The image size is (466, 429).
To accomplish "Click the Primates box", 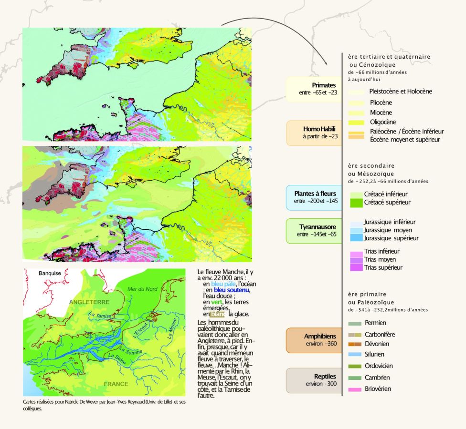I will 314,89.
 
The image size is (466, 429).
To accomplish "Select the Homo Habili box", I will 314,133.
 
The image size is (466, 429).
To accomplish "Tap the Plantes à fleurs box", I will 314,197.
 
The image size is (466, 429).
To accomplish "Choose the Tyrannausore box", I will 314,230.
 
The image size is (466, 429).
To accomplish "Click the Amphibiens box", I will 314,340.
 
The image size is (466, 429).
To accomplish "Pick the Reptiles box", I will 314,380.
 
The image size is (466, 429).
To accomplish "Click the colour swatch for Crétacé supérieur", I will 356,203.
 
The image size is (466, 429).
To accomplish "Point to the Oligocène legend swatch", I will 356,122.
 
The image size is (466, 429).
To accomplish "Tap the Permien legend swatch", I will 355,323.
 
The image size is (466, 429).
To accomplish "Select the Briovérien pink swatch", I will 355,389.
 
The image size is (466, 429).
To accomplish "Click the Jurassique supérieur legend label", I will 391,238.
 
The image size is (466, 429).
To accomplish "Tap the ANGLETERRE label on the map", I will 89,302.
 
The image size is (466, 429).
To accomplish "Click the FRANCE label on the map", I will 116,384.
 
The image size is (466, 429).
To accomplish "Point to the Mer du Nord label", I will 142,289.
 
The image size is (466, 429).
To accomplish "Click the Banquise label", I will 50,274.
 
